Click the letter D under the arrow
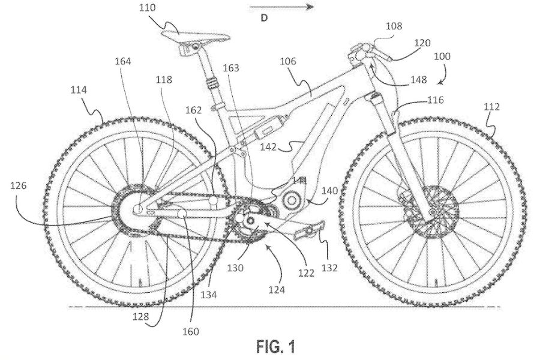point(262,18)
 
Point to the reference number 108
point(395,26)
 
